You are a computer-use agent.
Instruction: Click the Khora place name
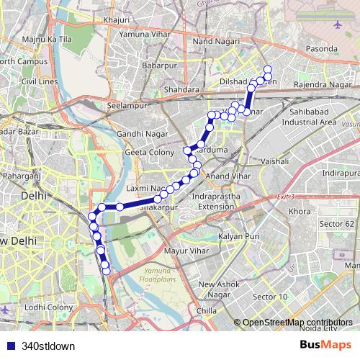tap(299, 212)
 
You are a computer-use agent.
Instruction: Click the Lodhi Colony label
tap(49, 307)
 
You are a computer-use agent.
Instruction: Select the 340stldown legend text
tap(48, 346)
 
